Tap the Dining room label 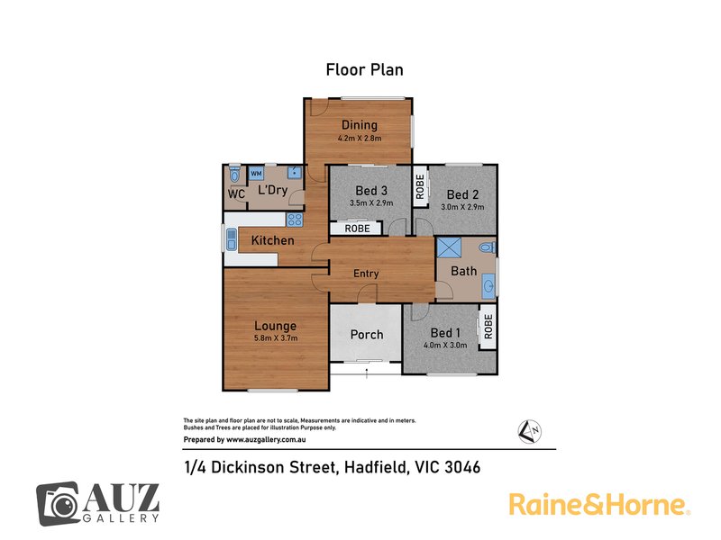[360, 125]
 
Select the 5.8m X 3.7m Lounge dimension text [275, 338]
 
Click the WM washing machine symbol [256, 173]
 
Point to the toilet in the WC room [234, 173]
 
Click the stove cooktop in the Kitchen [295, 220]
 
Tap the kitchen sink [231, 239]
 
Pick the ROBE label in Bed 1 [487, 325]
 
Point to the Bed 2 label [462, 194]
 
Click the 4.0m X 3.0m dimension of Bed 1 [444, 346]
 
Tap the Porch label [367, 334]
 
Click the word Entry [366, 274]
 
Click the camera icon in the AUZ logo [59, 502]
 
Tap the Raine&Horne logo [599, 503]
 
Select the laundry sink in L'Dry [294, 173]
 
